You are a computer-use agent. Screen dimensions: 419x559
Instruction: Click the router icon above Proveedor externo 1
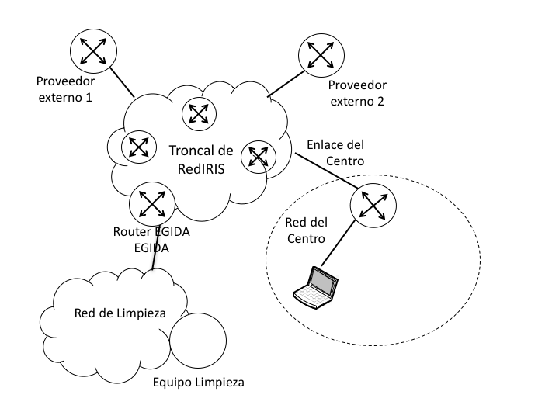[93, 51]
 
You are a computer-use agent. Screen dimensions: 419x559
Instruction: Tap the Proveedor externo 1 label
[64, 88]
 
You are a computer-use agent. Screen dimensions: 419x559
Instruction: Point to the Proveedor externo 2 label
[356, 93]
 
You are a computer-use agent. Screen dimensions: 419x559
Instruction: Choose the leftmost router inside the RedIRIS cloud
[138, 145]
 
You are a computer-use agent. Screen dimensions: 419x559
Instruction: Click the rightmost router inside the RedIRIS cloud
[258, 157]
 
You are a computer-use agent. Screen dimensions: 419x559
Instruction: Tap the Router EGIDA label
[152, 231]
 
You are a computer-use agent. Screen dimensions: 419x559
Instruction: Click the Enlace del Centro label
[335, 153]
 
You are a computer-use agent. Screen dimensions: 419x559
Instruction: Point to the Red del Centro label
[306, 230]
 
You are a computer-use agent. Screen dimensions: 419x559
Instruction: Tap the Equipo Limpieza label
[198, 383]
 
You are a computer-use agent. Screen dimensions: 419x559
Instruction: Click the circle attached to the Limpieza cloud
[197, 342]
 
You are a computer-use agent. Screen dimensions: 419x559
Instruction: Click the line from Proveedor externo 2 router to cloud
[290, 83]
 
